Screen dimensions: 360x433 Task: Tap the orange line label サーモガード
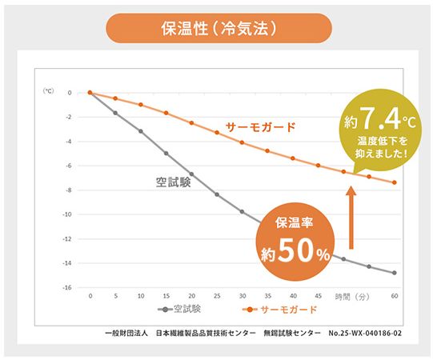[261, 126]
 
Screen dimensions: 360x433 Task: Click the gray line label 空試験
[174, 182]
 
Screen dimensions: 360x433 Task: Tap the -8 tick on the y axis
[70, 190]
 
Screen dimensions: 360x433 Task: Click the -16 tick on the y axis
[69, 287]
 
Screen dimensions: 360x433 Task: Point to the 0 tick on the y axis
[70, 93]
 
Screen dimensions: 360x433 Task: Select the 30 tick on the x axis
[242, 296]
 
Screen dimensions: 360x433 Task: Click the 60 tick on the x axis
[394, 296]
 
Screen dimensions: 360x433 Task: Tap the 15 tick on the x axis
[166, 296]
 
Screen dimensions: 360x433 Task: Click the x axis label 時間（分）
[352, 296]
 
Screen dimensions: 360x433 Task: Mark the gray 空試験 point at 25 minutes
[217, 194]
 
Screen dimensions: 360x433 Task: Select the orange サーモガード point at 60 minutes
[394, 182]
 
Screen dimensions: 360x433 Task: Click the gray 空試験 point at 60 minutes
[394, 273]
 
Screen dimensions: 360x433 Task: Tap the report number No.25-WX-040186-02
[359, 331]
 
